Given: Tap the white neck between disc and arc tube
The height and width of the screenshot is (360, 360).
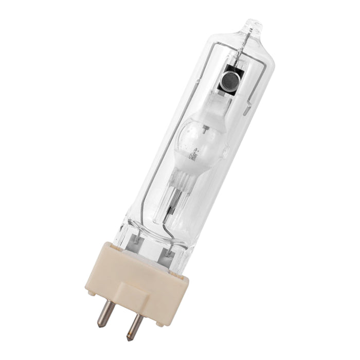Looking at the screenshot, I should point(220,100).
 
